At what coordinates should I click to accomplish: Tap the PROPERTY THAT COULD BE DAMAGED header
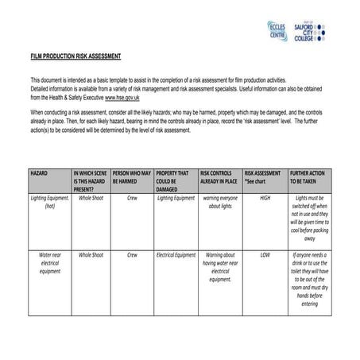click(172, 180)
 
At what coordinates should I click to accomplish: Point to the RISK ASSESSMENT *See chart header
click(262, 176)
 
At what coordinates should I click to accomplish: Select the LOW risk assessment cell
click(265, 256)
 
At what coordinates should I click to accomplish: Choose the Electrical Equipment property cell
click(175, 256)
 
